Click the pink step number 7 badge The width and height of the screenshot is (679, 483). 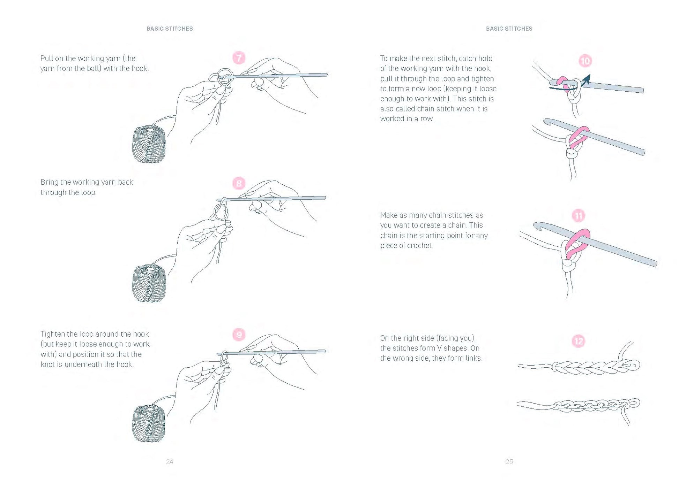click(239, 58)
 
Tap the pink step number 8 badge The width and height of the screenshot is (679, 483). click(239, 183)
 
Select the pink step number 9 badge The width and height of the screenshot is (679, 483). click(239, 335)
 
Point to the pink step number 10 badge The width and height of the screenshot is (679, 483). click(585, 61)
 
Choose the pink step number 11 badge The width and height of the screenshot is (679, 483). click(579, 216)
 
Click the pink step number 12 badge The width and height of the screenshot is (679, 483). click(579, 341)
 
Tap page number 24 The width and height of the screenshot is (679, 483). click(170, 462)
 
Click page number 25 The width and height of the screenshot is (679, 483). click(509, 462)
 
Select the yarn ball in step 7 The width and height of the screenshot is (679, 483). click(149, 144)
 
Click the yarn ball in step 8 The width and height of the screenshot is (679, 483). click(149, 283)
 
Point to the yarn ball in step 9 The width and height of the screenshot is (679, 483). click(149, 423)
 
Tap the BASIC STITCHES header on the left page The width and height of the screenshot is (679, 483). click(170, 29)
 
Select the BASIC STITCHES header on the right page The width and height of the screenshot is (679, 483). click(509, 29)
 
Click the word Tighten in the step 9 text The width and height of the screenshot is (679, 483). click(53, 334)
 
